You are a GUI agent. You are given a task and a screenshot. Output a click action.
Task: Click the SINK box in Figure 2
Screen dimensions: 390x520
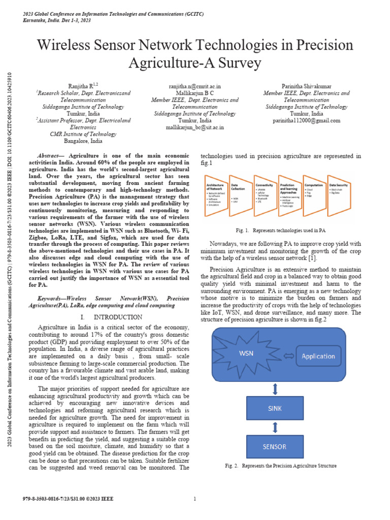[275, 407]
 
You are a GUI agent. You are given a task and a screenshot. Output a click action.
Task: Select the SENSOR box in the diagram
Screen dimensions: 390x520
[275, 447]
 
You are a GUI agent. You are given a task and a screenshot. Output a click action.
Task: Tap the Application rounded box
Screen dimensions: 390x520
[318, 356]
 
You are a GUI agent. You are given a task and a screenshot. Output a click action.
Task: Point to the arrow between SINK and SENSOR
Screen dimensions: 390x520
[275, 427]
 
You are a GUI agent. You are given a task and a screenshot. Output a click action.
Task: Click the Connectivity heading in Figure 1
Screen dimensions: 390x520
[265, 185]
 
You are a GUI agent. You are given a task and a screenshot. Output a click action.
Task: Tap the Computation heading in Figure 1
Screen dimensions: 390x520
[313, 185]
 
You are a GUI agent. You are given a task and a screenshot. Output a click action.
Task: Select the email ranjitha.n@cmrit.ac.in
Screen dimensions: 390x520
[194, 87]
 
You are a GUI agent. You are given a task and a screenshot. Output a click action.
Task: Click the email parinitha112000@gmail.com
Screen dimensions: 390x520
[306, 120]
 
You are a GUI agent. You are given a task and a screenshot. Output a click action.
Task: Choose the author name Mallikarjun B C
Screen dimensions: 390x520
[194, 93]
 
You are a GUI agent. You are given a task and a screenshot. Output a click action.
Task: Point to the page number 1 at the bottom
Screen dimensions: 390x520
[195, 499]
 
